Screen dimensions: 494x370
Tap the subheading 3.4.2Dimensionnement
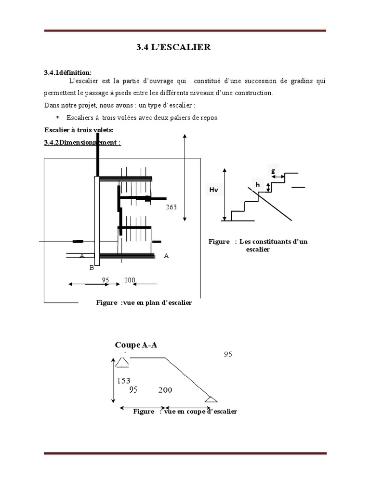coord(82,142)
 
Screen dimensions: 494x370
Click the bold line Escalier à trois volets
coord(79,130)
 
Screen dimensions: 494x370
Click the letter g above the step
coord(274,171)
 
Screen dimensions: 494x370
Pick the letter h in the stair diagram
coord(258,184)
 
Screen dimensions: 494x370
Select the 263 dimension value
coord(171,207)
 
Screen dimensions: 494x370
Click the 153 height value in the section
coord(124,381)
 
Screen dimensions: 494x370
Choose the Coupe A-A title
coord(136,345)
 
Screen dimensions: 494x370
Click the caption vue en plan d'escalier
coord(144,302)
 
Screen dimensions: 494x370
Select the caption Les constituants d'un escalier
coord(258,246)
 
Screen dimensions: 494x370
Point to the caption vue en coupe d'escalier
coord(185,412)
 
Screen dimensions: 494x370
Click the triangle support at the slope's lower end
coord(211,399)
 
